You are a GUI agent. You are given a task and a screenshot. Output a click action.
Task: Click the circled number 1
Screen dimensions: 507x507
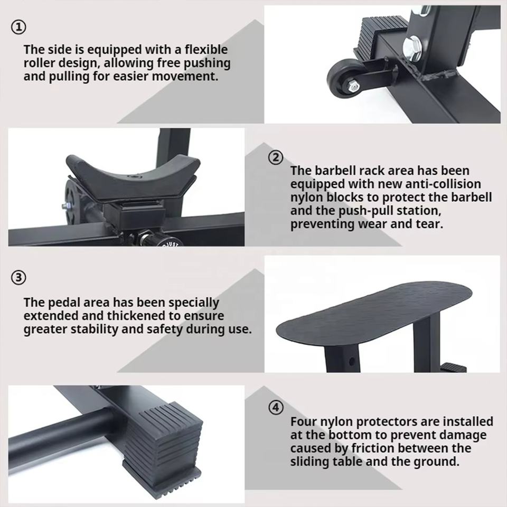coord(18,27)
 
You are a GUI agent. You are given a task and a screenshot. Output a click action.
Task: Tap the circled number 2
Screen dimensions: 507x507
coord(276,157)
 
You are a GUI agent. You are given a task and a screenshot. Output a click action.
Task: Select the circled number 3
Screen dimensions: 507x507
coord(18,278)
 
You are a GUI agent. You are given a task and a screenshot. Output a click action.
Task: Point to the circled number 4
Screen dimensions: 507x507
coord(276,408)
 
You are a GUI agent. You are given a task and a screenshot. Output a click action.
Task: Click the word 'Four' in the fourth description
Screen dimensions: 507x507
coord(304,421)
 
